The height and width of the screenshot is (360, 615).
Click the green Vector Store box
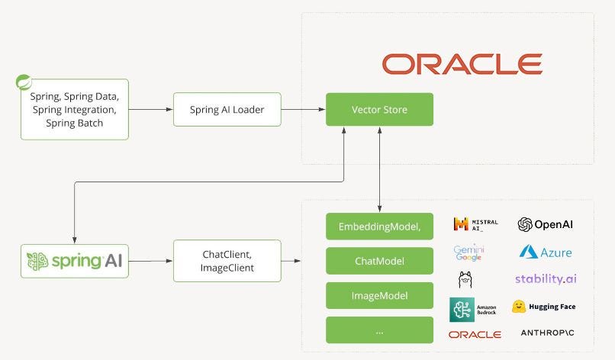coord(379,109)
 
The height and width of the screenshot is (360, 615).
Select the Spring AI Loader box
coord(227,109)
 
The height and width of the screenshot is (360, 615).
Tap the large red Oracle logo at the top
coord(462,64)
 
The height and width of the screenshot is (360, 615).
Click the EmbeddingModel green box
coord(379,227)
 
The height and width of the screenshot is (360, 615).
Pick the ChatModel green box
coord(379,261)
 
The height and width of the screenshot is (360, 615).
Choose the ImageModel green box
coord(379,295)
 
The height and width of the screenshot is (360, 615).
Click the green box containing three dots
coord(379,329)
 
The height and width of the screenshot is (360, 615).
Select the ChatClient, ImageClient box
coord(227,260)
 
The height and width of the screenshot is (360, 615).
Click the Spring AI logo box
coord(75,261)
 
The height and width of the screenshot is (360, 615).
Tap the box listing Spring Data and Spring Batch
coord(75,110)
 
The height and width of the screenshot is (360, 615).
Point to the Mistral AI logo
coord(475,223)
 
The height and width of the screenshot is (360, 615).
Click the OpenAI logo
coord(545,224)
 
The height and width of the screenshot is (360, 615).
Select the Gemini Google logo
coord(468,252)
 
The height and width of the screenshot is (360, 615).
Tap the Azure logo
coord(545,252)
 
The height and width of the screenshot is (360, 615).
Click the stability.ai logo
coord(545,279)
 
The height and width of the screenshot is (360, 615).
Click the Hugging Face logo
coord(543,307)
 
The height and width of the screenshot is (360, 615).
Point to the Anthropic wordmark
coord(547,333)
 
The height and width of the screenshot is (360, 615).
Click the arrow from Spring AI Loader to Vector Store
coord(303,109)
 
